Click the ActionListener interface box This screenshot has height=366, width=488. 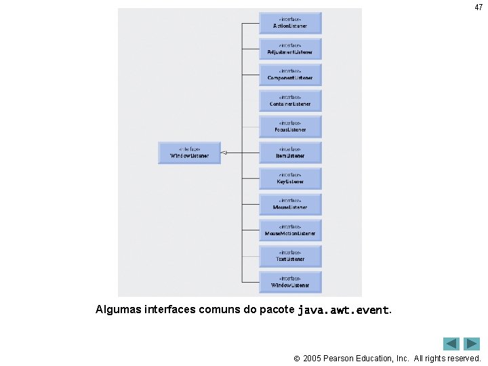click(290, 23)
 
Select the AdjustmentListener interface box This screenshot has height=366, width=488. click(290, 49)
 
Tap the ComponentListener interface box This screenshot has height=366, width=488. click(290, 75)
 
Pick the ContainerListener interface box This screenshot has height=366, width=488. click(290, 101)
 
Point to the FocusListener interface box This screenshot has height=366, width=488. click(290, 127)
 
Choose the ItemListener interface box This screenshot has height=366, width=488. click(290, 152)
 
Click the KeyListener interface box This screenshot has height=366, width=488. click(290, 178)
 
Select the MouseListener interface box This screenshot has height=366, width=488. click(290, 204)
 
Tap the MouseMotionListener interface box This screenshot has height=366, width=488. click(290, 230)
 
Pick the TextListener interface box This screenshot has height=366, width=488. click(290, 256)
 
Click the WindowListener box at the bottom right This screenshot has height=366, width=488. click(290, 282)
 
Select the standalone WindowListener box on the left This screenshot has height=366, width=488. click(189, 152)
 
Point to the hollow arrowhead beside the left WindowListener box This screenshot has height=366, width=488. click(225, 152)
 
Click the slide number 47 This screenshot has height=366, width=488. click(479, 7)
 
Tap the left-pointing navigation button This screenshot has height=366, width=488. click(451, 344)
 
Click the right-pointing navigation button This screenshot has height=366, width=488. click(472, 344)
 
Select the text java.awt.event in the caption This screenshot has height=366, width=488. click(344, 310)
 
